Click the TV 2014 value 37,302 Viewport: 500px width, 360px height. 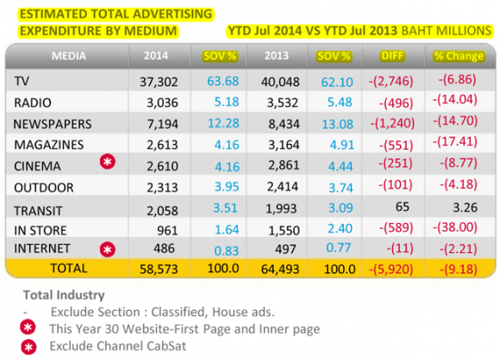click(x=159, y=82)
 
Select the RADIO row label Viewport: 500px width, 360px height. click(x=33, y=102)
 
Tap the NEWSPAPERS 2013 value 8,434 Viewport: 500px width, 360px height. click(x=284, y=124)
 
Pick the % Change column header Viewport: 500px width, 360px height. click(x=459, y=56)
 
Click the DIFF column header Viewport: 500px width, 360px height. click(x=392, y=56)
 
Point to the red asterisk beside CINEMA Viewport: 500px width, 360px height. click(x=108, y=162)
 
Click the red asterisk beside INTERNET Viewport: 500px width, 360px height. click(x=108, y=249)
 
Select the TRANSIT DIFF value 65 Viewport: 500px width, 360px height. click(x=403, y=207)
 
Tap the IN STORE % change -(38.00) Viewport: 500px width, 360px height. click(x=455, y=227)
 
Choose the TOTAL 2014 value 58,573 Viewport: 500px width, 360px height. click(x=159, y=270)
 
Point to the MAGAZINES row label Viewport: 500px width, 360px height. click(x=49, y=145)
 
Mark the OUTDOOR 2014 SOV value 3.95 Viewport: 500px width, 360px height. click(x=227, y=187)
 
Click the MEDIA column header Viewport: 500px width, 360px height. click(x=69, y=56)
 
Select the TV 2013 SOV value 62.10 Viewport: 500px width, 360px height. click(x=337, y=82)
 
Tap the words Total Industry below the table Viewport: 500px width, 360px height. click(x=64, y=295)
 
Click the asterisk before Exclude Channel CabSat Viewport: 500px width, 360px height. click(x=28, y=347)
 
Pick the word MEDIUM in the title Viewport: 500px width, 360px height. click(x=150, y=31)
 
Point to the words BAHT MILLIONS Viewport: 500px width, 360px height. click(x=447, y=31)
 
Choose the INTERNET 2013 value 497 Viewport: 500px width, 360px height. click(x=285, y=249)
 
